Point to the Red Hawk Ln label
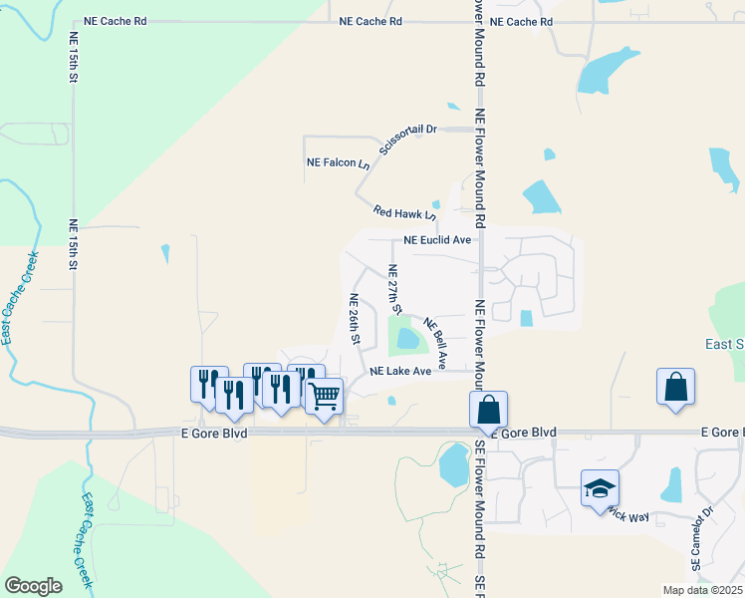pyautogui.click(x=404, y=212)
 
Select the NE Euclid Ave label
pyautogui.click(x=437, y=240)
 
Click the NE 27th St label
pyautogui.click(x=393, y=290)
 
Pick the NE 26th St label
pyautogui.click(x=354, y=319)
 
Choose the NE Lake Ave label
pyautogui.click(x=400, y=371)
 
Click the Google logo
pyautogui.click(x=33, y=585)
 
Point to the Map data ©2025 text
pyautogui.click(x=702, y=590)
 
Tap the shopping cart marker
pyautogui.click(x=325, y=397)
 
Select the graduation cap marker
pyautogui.click(x=600, y=488)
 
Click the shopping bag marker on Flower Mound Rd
pyautogui.click(x=488, y=409)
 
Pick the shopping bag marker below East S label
pyautogui.click(x=675, y=387)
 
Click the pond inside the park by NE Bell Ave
pyautogui.click(x=407, y=339)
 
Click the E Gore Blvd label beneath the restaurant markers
pyautogui.click(x=214, y=433)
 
